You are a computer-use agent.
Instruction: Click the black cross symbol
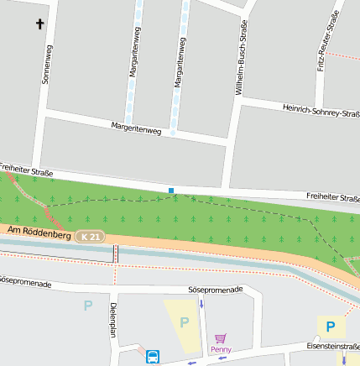39,25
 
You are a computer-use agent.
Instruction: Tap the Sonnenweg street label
45,65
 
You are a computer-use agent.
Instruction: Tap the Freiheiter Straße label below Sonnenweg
26,170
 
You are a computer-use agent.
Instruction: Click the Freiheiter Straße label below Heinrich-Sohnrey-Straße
332,197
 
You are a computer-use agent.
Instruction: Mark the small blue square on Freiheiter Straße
171,191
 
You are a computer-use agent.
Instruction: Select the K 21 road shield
90,238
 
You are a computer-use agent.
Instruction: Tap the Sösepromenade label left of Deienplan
25,284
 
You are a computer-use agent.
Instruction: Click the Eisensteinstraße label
332,346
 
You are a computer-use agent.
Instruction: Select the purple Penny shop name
221,349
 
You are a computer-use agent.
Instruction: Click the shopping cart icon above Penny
221,337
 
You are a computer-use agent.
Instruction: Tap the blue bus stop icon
153,357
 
